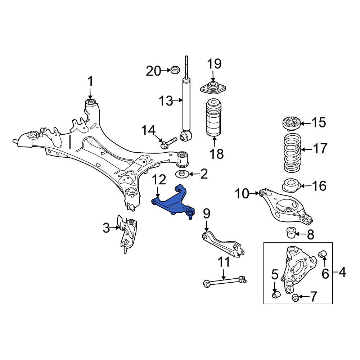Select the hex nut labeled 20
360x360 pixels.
[x=175, y=70]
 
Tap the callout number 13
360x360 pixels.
[x=166, y=101]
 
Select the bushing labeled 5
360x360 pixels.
[x=275, y=295]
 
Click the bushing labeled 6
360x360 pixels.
[x=323, y=254]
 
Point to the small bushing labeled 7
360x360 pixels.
[x=295, y=297]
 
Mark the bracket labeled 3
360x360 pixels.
[x=128, y=234]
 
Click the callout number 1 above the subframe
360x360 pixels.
[x=90, y=81]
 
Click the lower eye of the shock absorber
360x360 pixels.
[x=186, y=136]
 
